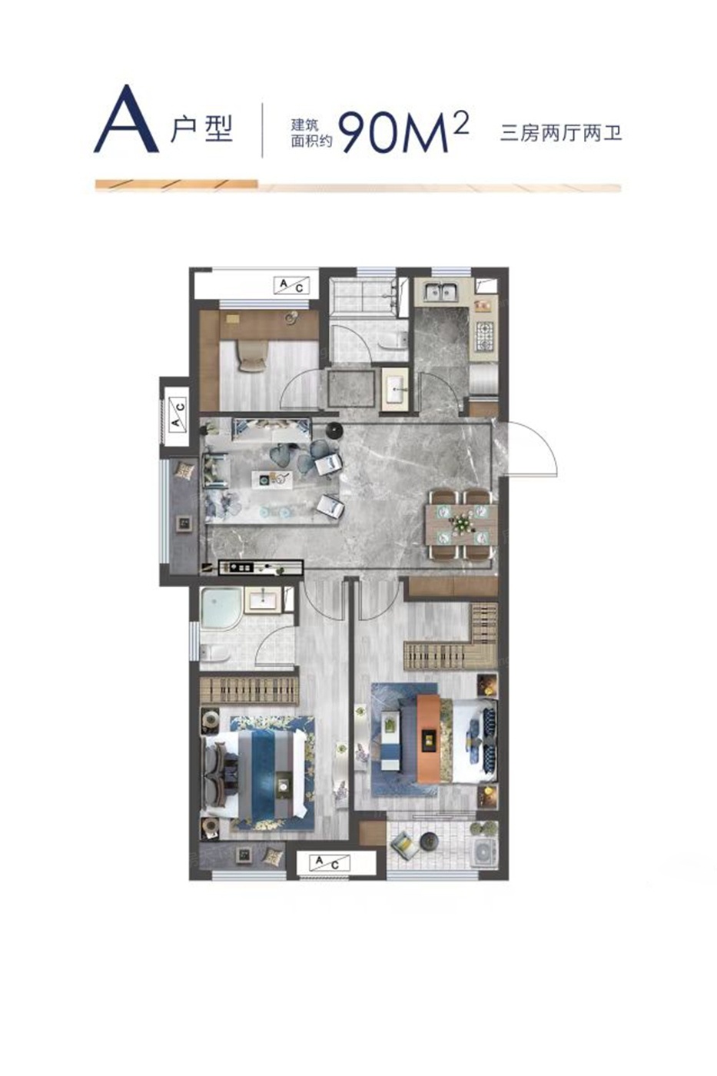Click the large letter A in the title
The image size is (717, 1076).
[126, 119]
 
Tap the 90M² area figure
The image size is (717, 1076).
[403, 131]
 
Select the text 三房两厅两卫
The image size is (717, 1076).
[560, 133]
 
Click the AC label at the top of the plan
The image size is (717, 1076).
[291, 286]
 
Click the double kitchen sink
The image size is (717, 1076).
[440, 291]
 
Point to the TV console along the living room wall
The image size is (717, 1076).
[261, 567]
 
